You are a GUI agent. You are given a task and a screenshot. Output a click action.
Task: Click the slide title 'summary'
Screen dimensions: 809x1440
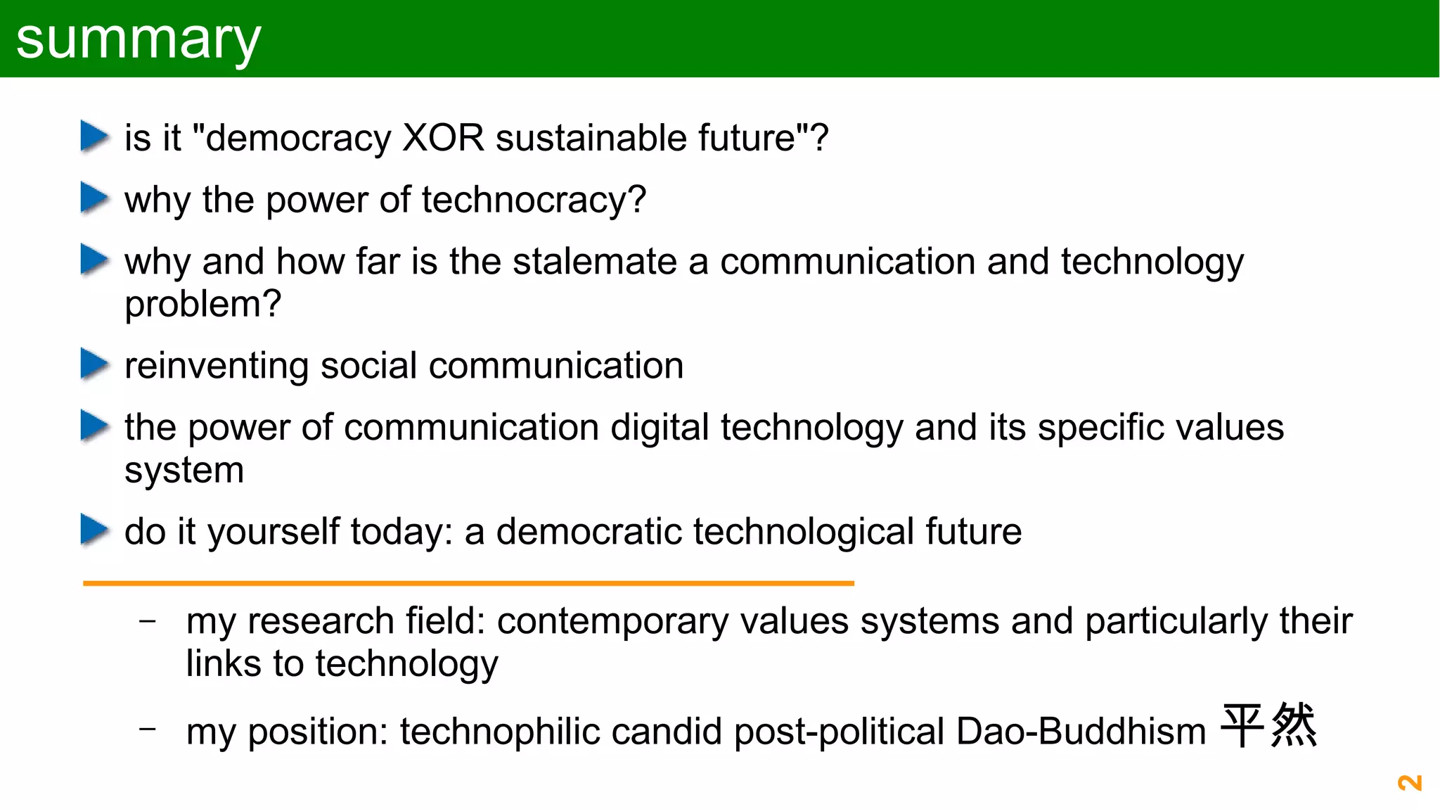click(139, 40)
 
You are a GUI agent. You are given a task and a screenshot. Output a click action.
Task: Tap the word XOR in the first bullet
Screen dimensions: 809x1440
click(443, 137)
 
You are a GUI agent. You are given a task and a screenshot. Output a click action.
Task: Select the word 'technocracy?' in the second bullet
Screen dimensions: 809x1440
click(534, 200)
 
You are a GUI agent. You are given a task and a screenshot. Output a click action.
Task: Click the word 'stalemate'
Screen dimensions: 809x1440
click(595, 262)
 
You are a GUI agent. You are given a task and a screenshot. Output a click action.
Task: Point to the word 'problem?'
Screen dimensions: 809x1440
click(202, 304)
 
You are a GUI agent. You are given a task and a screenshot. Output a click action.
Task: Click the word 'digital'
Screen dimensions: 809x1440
click(660, 428)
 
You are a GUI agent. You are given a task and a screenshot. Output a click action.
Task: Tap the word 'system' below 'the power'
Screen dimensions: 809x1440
click(184, 470)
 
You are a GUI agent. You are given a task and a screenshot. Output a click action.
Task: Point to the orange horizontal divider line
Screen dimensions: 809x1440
click(468, 583)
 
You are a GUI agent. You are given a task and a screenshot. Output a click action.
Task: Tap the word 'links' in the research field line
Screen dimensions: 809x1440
click(224, 663)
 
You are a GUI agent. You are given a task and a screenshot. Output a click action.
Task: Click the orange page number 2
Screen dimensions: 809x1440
click(1409, 783)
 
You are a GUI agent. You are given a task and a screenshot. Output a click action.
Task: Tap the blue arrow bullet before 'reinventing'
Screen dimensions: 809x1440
click(94, 364)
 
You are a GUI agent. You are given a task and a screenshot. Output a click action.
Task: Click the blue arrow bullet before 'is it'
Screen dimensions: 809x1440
click(94, 136)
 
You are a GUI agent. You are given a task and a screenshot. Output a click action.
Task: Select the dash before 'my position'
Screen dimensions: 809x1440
click(148, 730)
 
